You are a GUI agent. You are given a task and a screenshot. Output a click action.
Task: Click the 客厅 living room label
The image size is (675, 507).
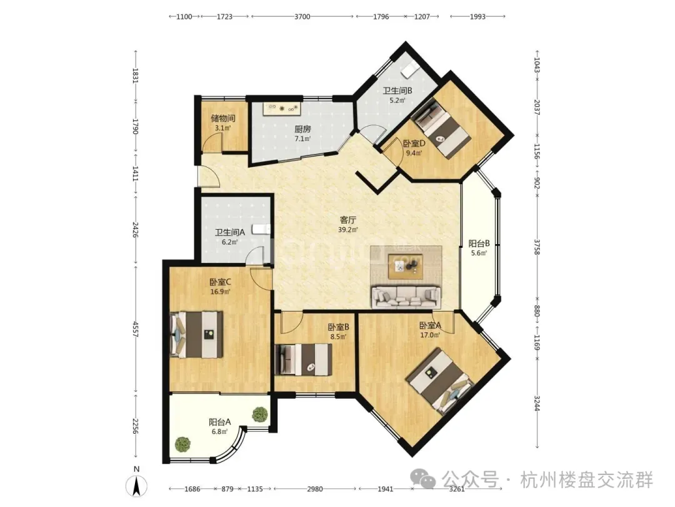pos(348,220)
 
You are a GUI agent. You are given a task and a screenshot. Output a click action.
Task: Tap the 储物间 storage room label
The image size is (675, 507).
pos(223,118)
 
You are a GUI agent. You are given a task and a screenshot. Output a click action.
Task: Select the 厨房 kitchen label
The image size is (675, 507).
pos(302,129)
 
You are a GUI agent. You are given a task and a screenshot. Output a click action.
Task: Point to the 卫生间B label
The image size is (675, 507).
pos(397,91)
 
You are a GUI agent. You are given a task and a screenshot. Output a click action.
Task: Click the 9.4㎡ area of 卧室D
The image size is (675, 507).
pos(414,153)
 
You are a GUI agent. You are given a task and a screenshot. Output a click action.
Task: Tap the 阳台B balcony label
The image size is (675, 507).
pos(479,243)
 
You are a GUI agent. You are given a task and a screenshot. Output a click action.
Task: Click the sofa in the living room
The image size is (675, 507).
pos(406,297)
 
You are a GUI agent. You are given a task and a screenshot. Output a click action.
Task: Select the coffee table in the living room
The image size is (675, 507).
pos(405,267)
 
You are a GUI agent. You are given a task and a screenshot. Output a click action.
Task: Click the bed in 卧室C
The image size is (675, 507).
pos(196,334)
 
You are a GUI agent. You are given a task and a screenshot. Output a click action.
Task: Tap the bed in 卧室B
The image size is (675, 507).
pos(304,359)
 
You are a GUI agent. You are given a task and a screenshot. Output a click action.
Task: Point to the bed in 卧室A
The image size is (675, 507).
pos(441,381)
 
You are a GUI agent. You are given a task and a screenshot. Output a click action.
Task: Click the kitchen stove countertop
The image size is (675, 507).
pos(282,109)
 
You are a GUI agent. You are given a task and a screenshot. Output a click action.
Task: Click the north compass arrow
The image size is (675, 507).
pos(136,486)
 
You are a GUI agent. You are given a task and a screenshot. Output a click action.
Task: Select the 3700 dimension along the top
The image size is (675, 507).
pos(302,16)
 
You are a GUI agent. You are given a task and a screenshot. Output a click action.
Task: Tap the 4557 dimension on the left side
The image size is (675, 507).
pos(136,330)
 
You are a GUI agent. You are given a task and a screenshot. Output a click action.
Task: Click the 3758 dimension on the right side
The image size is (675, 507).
pos(537,247)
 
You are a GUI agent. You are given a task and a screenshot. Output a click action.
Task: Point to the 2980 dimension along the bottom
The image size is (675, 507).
pos(314,489)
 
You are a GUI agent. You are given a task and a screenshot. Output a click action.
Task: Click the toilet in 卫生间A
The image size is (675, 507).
pos(261,229)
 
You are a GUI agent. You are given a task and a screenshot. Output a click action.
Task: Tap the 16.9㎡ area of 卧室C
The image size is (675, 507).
pos(220,292)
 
